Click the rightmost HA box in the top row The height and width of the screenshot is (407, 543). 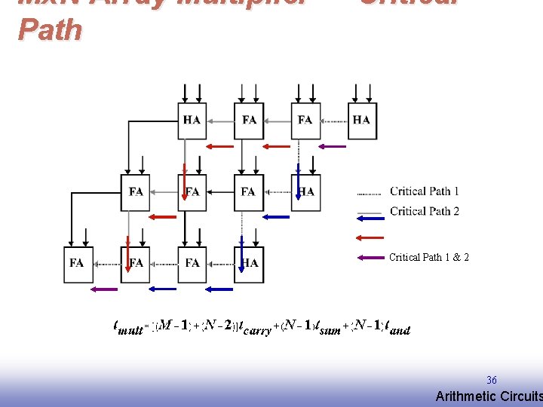tap(361, 119)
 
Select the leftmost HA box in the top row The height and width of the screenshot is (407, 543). tap(192, 119)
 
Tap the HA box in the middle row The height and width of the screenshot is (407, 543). tap(305, 191)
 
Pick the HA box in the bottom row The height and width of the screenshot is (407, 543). tap(249, 263)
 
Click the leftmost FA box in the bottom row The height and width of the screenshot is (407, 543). tap(77, 263)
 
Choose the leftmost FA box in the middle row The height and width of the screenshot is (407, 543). tap(136, 191)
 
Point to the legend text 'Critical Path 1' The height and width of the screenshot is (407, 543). tap(424, 191)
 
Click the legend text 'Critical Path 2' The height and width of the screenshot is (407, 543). tap(424, 211)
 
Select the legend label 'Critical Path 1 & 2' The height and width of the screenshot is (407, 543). tap(428, 257)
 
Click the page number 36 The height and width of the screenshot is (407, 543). tap(491, 381)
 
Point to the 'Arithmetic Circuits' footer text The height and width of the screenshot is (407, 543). tap(489, 396)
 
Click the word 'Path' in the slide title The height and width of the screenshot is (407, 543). tap(50, 29)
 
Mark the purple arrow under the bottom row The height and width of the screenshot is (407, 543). tap(104, 289)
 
